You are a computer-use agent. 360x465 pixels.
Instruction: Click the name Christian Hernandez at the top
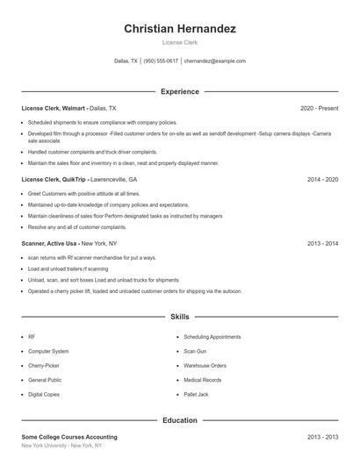click(180, 29)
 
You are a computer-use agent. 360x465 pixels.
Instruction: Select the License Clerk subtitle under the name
click(180, 43)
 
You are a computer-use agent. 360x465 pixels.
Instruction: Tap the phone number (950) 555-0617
click(161, 61)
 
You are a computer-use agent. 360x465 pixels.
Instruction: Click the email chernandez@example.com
click(215, 61)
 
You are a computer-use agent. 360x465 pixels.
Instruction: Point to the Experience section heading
click(180, 91)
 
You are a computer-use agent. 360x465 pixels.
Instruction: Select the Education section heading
click(180, 420)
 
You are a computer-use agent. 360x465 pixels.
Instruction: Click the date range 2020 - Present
click(319, 108)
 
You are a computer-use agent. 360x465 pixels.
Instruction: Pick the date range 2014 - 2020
click(322, 179)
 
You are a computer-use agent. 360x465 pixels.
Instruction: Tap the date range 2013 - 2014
click(322, 243)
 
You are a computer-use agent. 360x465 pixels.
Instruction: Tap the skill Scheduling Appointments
click(212, 336)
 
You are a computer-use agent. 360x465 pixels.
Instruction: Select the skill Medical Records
click(203, 380)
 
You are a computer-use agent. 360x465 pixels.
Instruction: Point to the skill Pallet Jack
click(197, 395)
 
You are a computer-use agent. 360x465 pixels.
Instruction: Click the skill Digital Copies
click(45, 395)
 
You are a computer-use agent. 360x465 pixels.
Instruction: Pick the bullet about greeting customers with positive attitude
click(83, 193)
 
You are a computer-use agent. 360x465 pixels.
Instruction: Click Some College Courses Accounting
click(69, 437)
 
